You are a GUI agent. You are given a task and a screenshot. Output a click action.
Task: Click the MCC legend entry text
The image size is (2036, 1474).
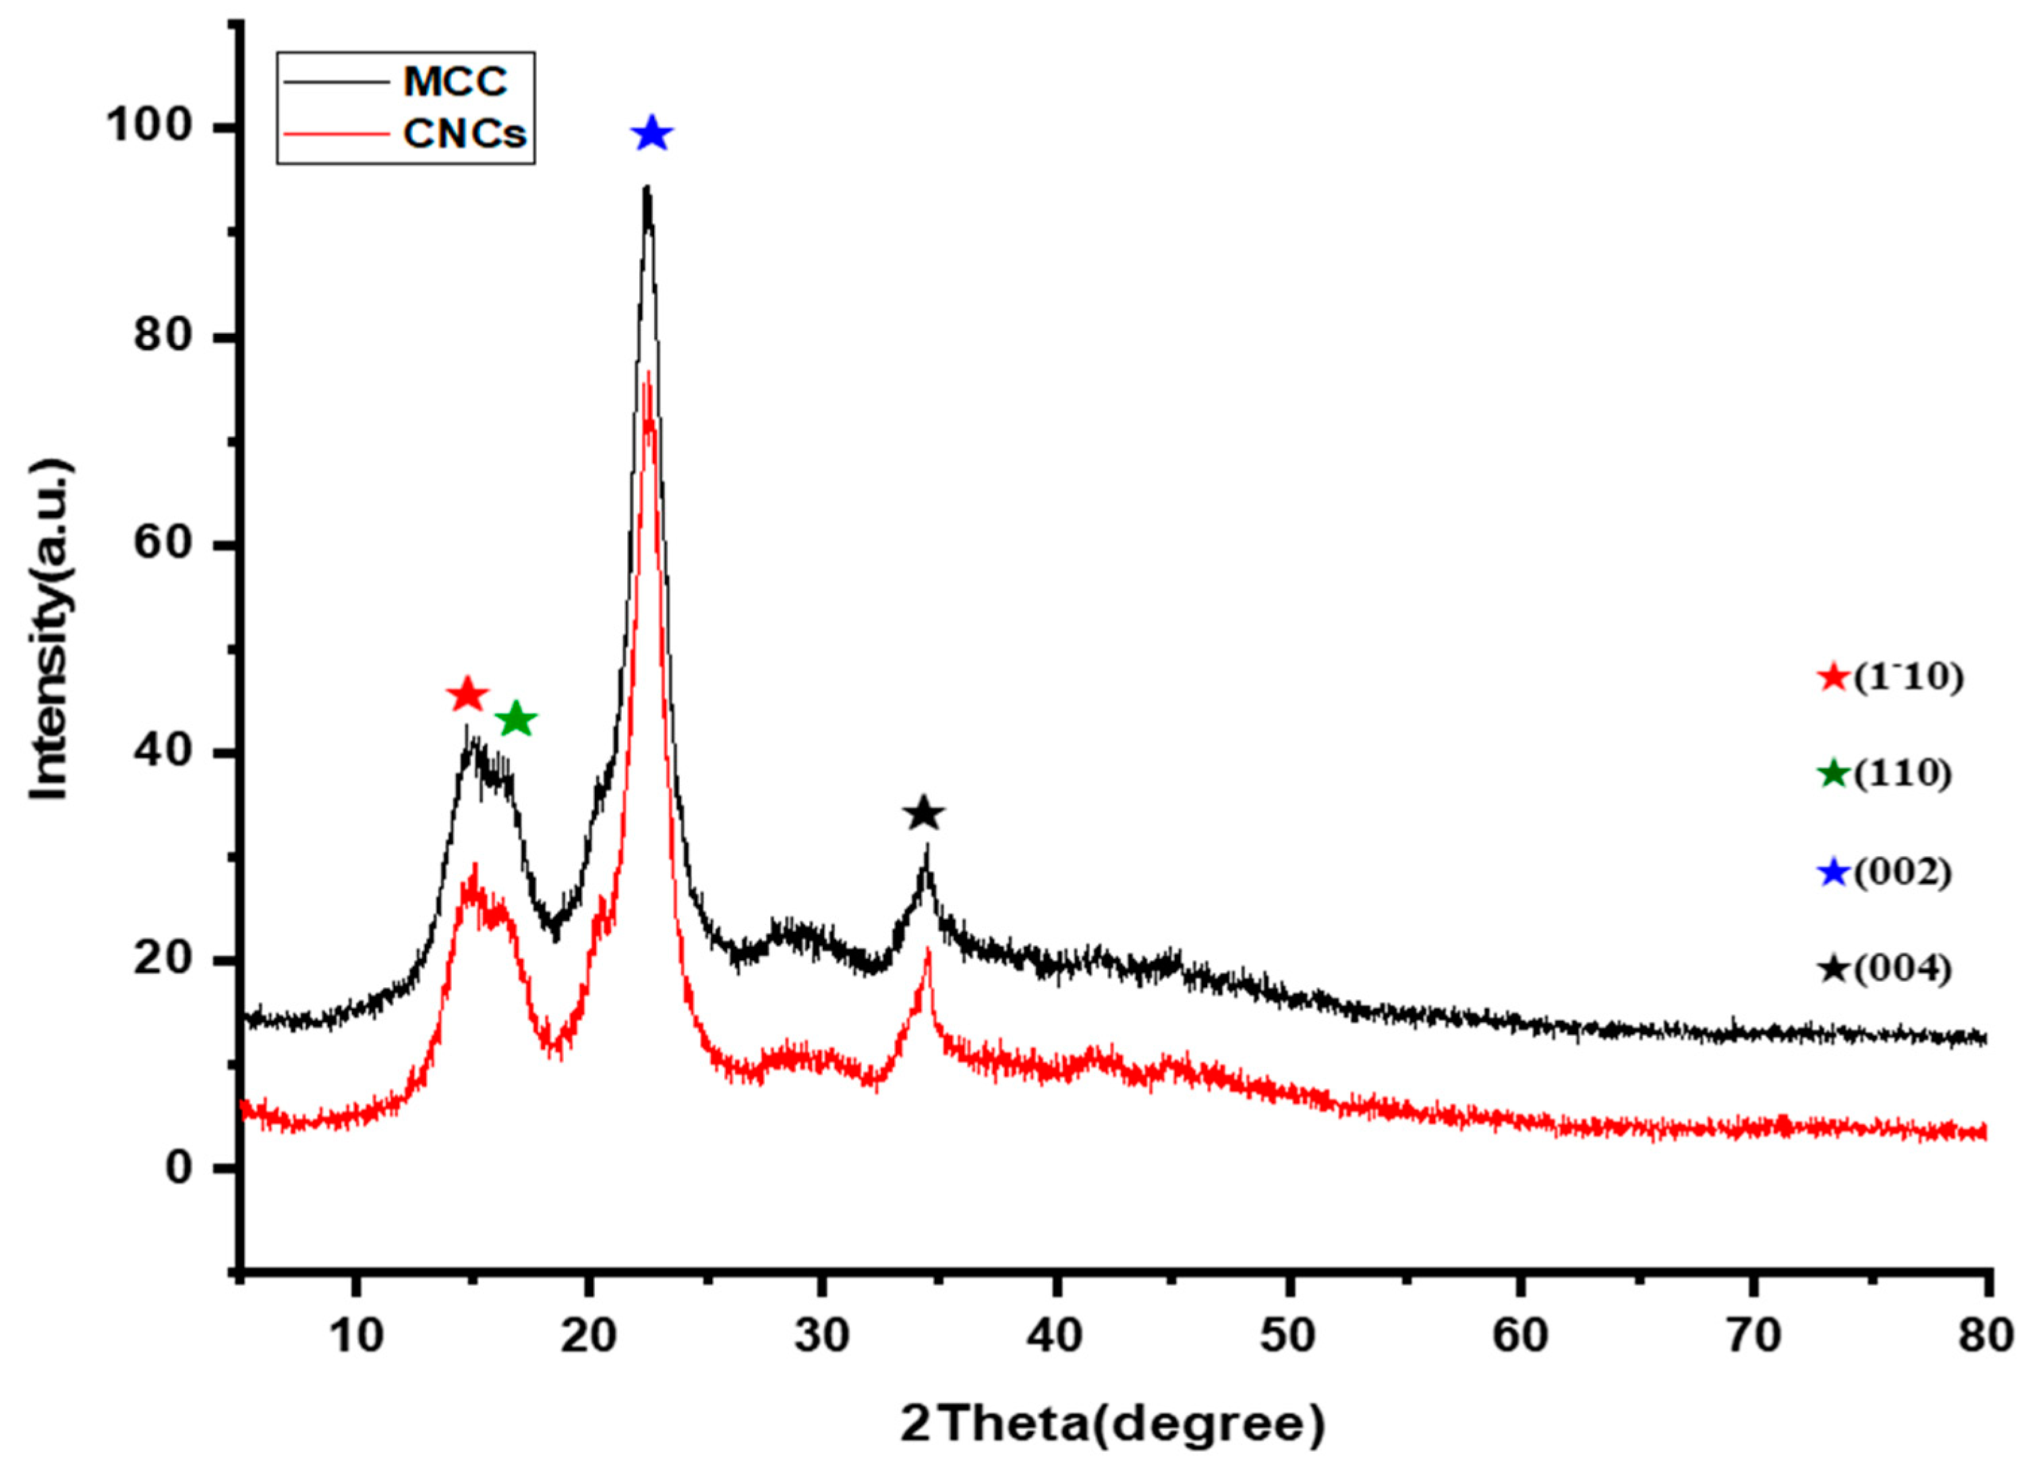(x=455, y=82)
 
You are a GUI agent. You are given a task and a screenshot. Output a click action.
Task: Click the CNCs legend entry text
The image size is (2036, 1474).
(x=464, y=134)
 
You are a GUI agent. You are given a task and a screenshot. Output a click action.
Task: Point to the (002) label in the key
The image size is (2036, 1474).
(x=1903, y=873)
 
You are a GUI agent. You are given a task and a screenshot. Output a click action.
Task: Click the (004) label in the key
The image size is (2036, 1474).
(x=1903, y=970)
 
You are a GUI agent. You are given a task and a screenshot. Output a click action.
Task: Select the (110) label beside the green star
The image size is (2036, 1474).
(x=1903, y=773)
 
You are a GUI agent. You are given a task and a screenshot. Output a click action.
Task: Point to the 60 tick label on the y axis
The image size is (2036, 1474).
(x=165, y=545)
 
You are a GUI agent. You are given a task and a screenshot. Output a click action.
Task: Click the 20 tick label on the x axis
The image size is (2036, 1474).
(x=588, y=1336)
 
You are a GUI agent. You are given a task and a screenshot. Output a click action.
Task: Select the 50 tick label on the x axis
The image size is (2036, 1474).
(x=1289, y=1336)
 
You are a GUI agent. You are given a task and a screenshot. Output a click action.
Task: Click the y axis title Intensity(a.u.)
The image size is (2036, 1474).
(x=51, y=630)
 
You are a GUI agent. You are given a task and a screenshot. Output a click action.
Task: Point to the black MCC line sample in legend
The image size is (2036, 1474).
(x=337, y=82)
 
